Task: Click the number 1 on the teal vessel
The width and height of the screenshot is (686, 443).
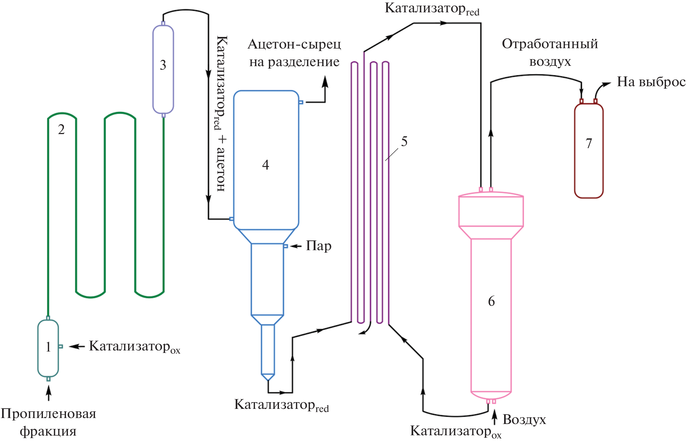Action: tap(48, 347)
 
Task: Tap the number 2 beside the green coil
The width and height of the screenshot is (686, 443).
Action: tap(61, 130)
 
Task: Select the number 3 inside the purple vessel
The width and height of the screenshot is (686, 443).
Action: tap(163, 65)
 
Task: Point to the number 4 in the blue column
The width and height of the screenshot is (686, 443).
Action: tap(266, 165)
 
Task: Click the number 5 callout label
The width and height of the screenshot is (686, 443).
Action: tap(404, 141)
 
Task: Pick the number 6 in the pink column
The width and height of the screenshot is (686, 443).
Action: tap(491, 301)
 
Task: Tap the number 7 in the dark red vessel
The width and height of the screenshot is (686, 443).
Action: tap(589, 144)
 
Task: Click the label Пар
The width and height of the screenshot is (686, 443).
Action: tap(319, 246)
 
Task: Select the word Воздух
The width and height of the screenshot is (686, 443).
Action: tap(524, 419)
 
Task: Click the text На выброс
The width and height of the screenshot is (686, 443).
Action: tap(651, 82)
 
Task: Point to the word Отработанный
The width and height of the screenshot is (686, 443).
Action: tap(550, 44)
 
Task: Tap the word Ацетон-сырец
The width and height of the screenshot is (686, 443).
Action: tap(294, 44)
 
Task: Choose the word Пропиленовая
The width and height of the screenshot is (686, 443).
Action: tap(48, 414)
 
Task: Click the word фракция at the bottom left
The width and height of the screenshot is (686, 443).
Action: tap(48, 431)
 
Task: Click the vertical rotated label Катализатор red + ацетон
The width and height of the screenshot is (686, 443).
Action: tap(221, 113)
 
